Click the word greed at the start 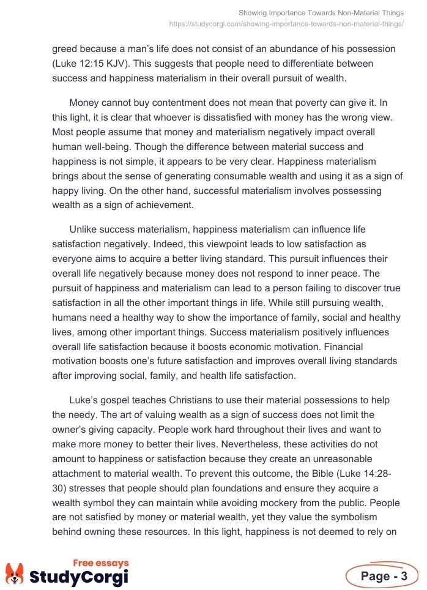click(x=65, y=48)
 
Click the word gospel click(x=116, y=400)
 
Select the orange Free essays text click(x=101, y=563)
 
